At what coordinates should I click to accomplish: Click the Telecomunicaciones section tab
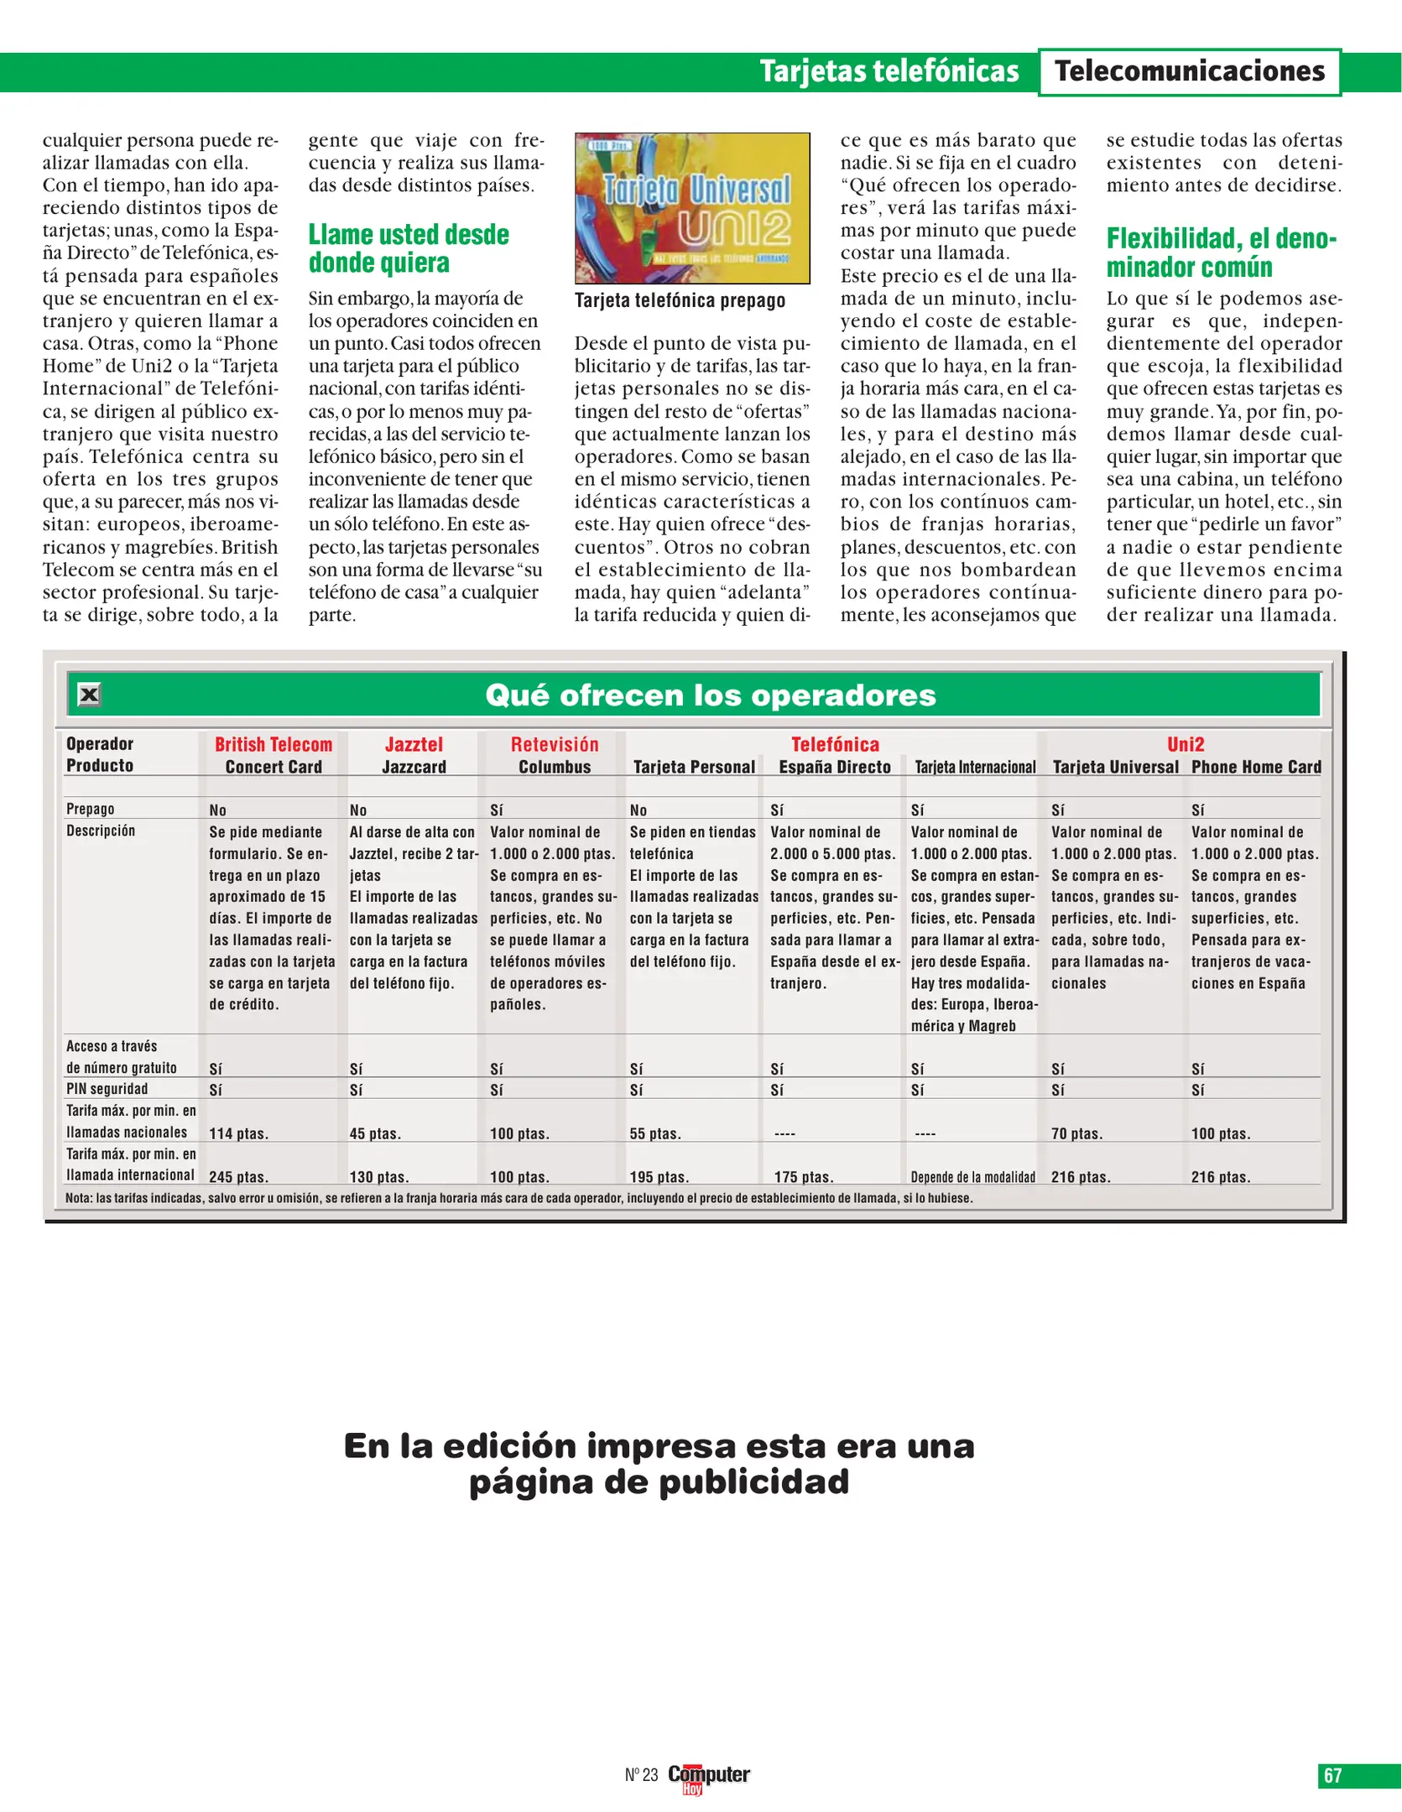[1189, 72]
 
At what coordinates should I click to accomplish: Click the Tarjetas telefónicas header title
[889, 72]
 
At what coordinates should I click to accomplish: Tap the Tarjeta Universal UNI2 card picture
[692, 208]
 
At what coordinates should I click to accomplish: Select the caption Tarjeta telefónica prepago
[680, 301]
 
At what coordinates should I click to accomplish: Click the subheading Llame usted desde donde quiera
[409, 248]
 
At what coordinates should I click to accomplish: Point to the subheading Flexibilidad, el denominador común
[1221, 253]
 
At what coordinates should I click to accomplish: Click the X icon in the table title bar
[89, 695]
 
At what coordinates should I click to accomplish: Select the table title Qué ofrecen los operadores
[710, 695]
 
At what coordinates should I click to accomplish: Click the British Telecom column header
[274, 744]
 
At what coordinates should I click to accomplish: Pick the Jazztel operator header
[414, 744]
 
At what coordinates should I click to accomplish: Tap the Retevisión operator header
[555, 744]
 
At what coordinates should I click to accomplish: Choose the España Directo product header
[835, 767]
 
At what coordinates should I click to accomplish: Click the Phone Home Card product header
[1256, 767]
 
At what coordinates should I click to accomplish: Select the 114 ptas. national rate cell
[238, 1133]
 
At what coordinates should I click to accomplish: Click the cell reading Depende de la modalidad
[973, 1177]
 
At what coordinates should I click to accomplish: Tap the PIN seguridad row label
[107, 1089]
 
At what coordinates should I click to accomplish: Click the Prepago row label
[90, 809]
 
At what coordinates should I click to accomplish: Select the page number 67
[1332, 1775]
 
